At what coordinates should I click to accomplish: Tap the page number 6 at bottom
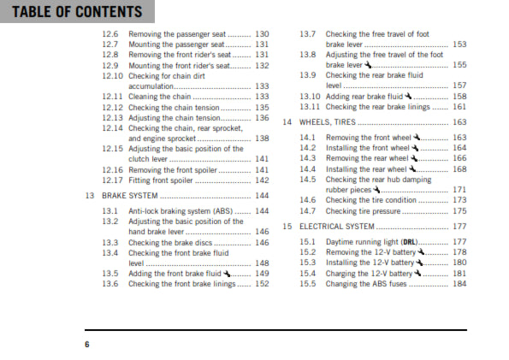point(86,344)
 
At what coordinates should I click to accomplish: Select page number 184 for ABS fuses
point(459,284)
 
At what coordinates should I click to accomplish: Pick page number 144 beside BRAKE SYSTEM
point(262,196)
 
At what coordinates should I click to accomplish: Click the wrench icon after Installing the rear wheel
point(411,168)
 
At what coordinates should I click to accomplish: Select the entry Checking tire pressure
point(364,210)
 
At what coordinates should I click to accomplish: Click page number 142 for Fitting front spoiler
point(262,180)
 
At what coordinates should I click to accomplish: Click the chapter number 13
point(90,196)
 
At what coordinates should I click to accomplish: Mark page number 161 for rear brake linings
point(459,107)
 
